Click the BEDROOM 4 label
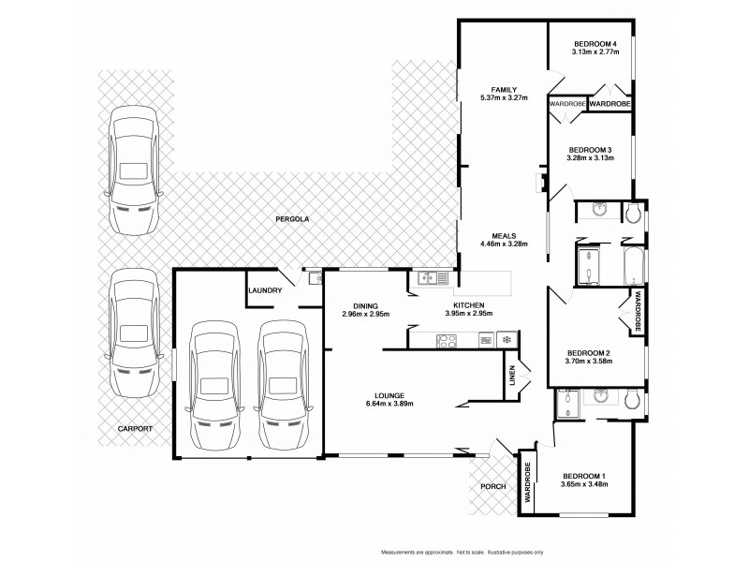[595, 44]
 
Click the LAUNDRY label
[266, 290]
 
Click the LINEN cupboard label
[511, 376]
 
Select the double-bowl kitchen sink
[435, 277]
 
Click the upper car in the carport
[131, 169]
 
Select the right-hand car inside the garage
[283, 386]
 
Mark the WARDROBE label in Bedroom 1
[527, 484]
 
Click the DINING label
[365, 305]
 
